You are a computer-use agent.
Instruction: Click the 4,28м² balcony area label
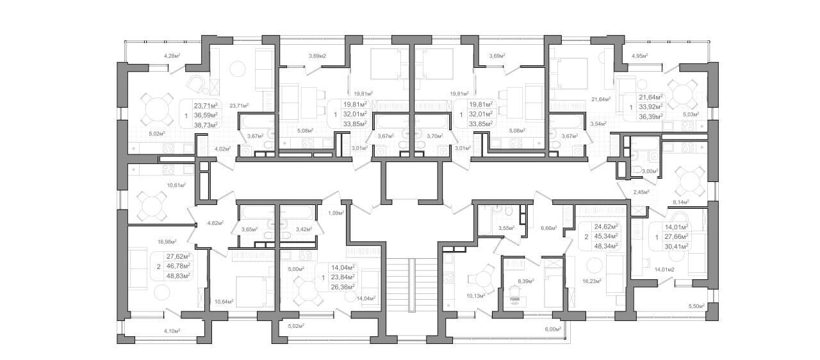point(172,56)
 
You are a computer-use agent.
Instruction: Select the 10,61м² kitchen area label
point(176,185)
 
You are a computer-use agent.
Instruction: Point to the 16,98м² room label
point(167,241)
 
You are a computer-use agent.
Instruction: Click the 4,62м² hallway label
point(216,222)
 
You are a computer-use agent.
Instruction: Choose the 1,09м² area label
point(336,213)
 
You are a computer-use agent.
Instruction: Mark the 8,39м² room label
point(526,281)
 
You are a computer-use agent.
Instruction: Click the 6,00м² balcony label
point(553,329)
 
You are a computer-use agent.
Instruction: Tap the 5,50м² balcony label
point(696,306)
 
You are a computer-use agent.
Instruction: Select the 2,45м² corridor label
point(641,192)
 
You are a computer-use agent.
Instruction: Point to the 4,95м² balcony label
point(640,56)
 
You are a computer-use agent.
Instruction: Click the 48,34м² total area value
point(606,246)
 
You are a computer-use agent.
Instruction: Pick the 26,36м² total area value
point(343,287)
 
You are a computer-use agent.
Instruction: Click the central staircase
point(412,285)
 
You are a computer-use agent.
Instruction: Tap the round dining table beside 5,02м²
point(158,109)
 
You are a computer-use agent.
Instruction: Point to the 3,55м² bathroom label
point(506,228)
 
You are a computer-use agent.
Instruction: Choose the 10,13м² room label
point(476,295)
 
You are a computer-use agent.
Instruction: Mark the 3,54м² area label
point(598,124)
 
